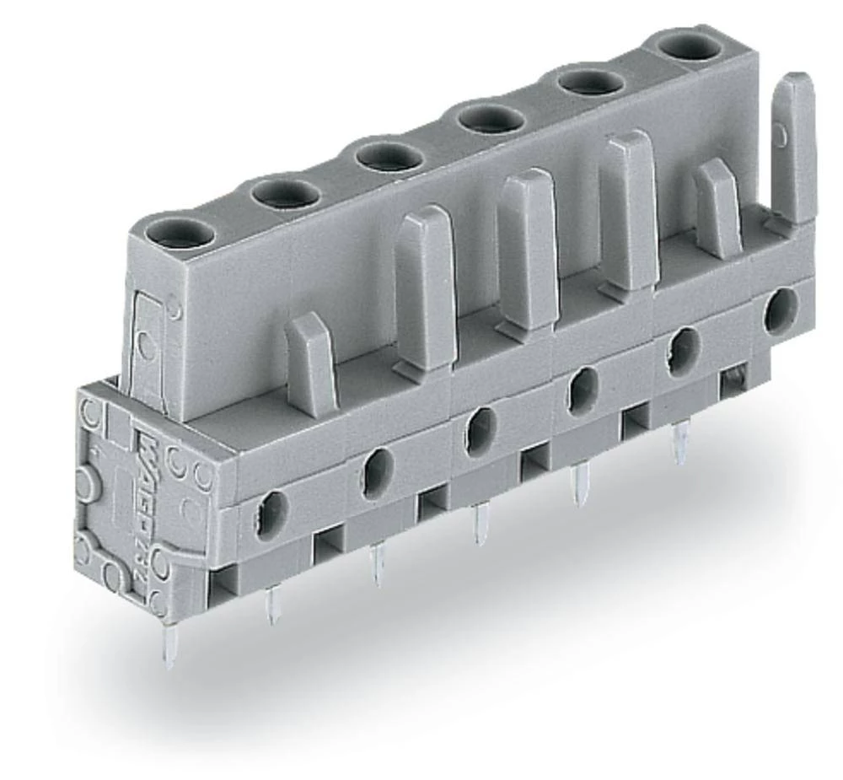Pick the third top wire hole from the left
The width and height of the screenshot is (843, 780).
pos(388,157)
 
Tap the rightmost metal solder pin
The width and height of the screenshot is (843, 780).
pos(679,443)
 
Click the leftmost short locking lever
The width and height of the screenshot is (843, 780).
pos(311,363)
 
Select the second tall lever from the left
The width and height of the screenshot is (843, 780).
pos(527,249)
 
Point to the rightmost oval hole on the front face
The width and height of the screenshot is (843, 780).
pos(781,310)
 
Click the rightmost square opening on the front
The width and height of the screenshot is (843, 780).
pos(733,379)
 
